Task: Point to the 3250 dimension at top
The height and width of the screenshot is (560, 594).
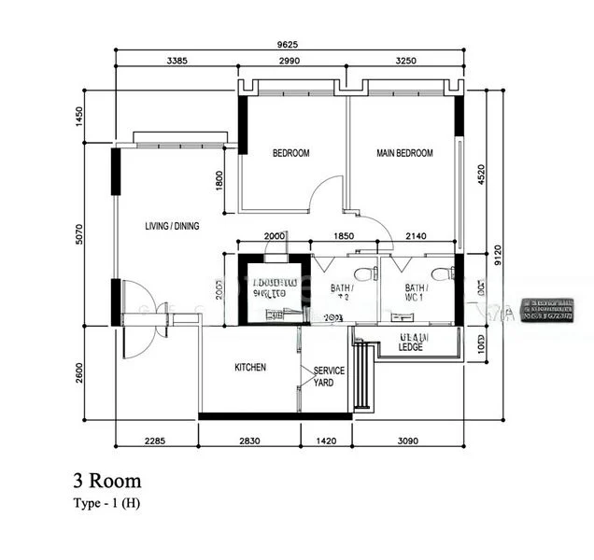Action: click(404, 62)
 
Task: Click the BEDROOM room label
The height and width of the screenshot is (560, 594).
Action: click(290, 153)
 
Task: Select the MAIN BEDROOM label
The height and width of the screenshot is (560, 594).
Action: click(404, 153)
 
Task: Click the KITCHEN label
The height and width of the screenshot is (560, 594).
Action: click(249, 368)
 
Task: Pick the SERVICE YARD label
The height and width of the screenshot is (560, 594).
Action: click(329, 376)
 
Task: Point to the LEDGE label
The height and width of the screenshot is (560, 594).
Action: click(410, 347)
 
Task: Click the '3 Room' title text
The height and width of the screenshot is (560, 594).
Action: click(107, 482)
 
